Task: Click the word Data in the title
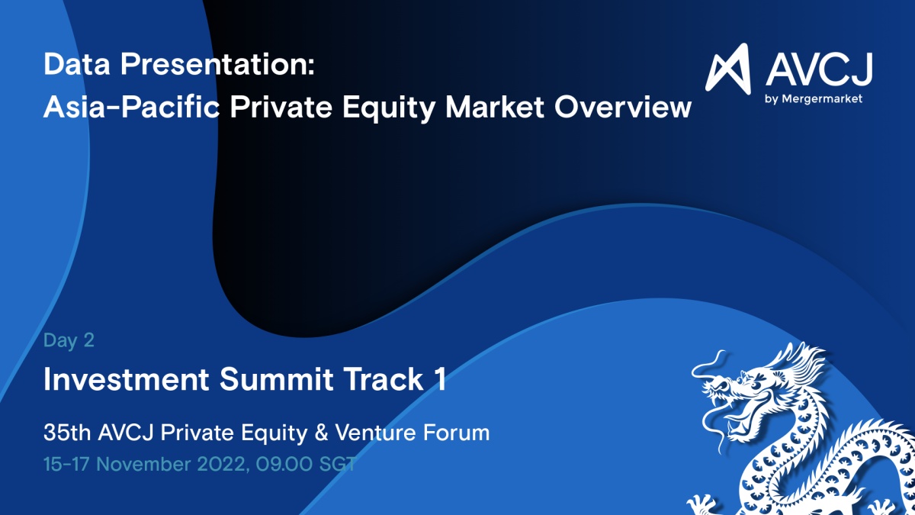click(77, 64)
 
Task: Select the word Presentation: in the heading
click(217, 65)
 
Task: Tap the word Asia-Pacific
click(131, 107)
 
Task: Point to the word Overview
click(622, 107)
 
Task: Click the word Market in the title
click(495, 107)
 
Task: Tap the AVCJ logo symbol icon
click(728, 68)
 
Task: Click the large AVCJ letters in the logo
click(819, 69)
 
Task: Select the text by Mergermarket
click(814, 99)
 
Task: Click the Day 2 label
click(69, 340)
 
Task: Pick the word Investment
click(127, 379)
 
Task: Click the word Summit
click(277, 379)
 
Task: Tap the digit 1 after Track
click(441, 379)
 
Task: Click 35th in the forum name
click(67, 433)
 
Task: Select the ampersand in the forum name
click(321, 433)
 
